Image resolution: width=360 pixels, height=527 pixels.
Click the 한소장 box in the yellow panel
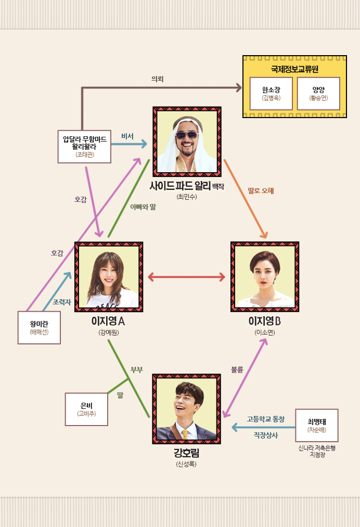click(x=271, y=93)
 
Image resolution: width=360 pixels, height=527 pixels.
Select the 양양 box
click(x=318, y=93)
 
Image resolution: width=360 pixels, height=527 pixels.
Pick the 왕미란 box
click(x=39, y=328)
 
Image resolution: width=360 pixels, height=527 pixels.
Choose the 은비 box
click(x=86, y=409)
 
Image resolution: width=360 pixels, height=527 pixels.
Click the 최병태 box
click(x=316, y=425)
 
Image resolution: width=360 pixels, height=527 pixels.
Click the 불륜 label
click(x=237, y=369)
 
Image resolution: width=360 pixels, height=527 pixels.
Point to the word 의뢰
click(x=157, y=79)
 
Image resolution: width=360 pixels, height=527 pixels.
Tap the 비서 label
click(x=127, y=136)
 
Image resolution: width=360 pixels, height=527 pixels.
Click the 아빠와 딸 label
click(x=143, y=207)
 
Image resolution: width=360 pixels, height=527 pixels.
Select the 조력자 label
click(x=61, y=302)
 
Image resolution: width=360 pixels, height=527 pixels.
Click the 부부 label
click(x=137, y=370)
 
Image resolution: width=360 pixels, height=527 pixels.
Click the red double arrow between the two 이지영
click(x=186, y=277)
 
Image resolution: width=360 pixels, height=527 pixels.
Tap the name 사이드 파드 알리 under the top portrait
click(x=179, y=186)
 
